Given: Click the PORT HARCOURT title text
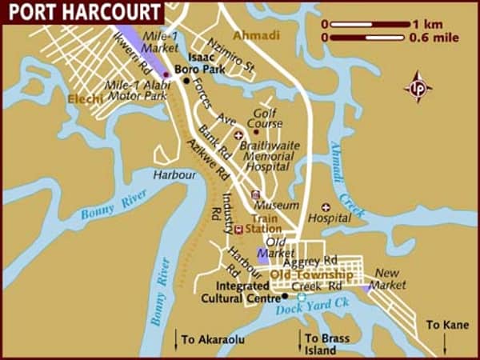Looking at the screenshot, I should click(80, 11).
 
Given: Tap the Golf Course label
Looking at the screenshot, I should click(265, 120).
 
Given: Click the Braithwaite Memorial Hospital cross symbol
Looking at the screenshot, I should click(237, 135).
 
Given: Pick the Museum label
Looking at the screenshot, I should click(282, 206).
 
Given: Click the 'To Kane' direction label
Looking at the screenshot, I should click(445, 325).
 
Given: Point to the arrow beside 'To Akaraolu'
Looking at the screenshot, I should click(175, 339).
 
